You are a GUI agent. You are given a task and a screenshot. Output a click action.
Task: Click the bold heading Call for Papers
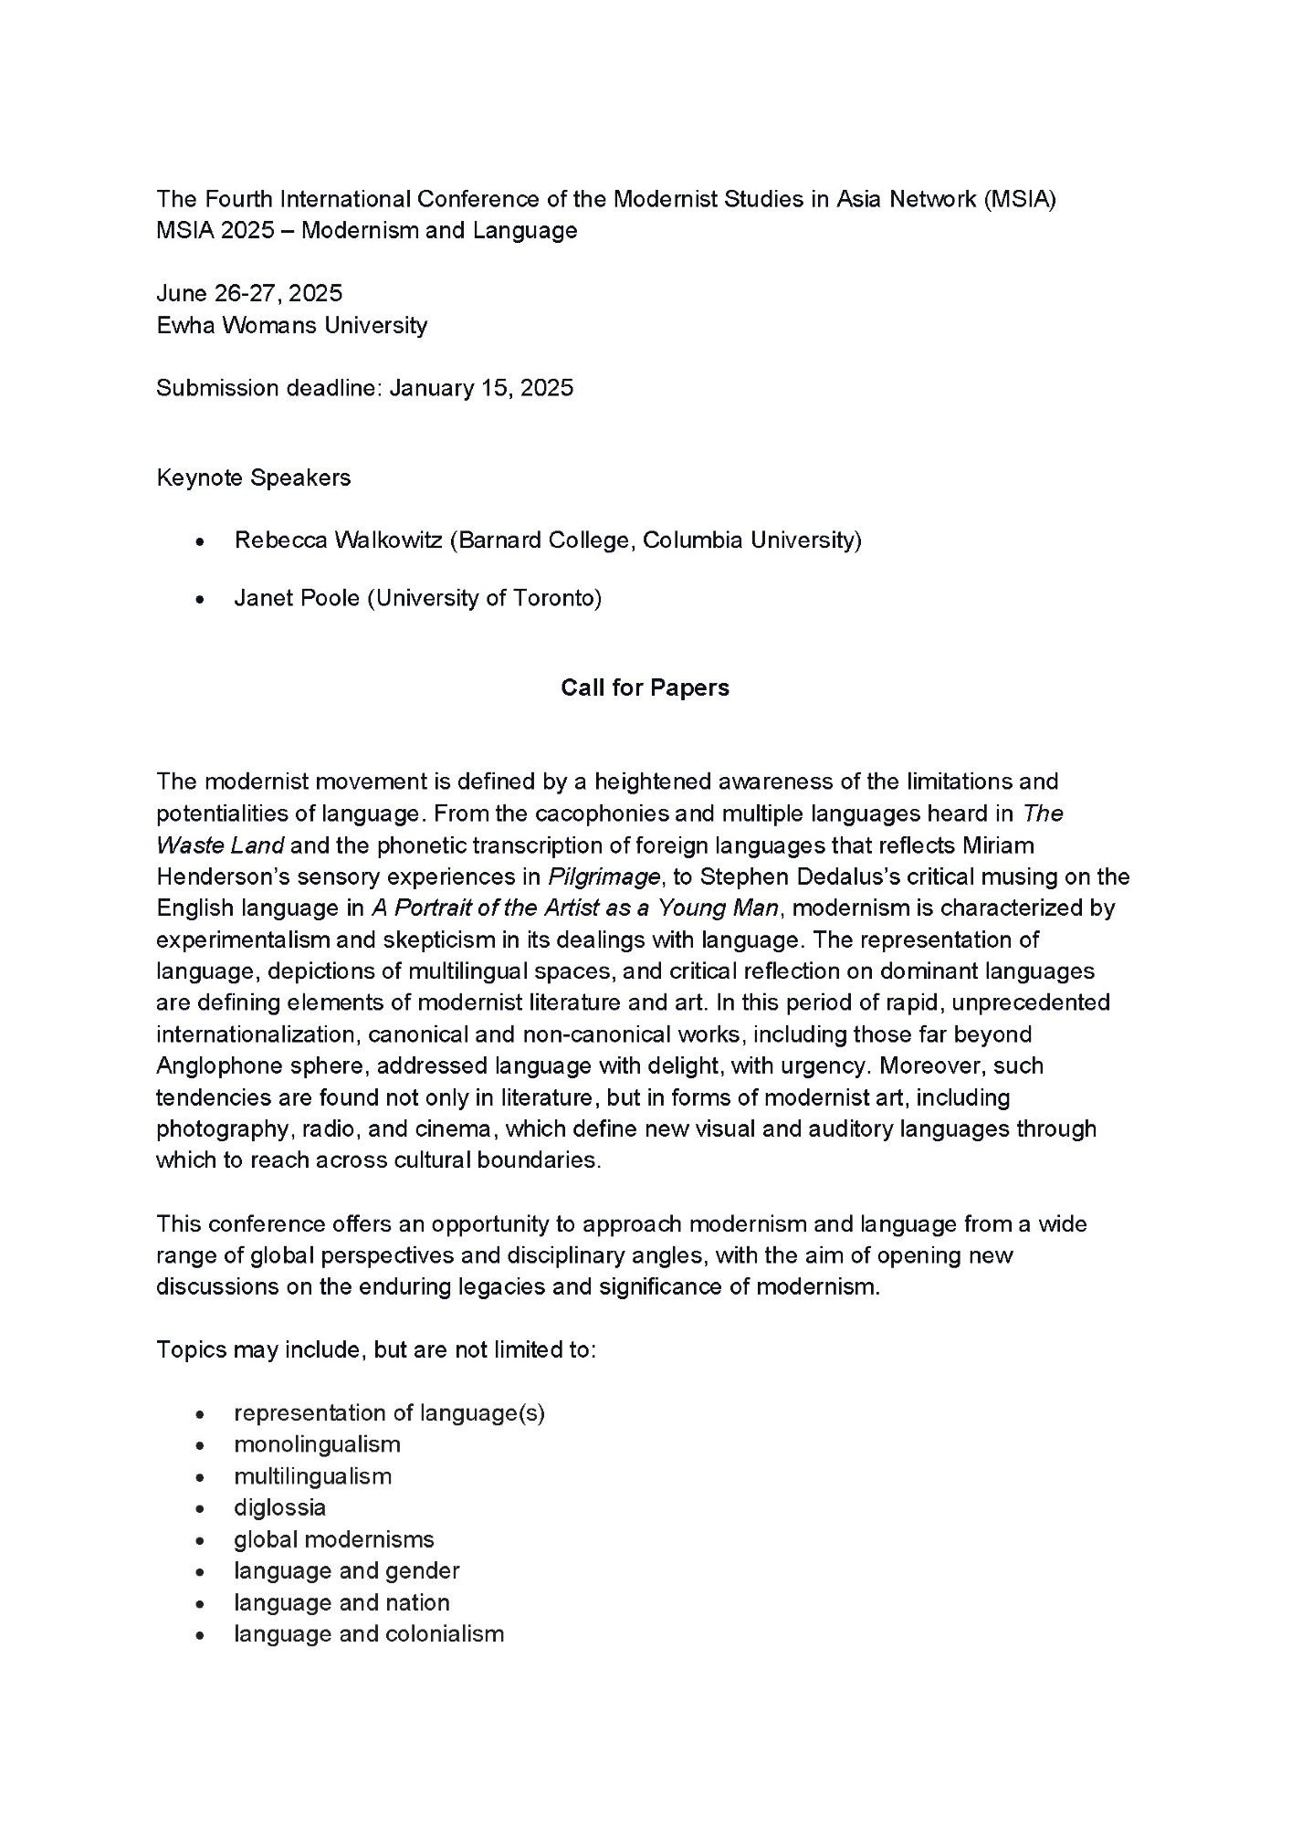(x=645, y=687)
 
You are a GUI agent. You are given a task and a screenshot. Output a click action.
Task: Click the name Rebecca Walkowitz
(x=338, y=540)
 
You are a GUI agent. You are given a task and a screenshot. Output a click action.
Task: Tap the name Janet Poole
(x=297, y=598)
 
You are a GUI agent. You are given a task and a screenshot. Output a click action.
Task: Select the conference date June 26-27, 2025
(x=249, y=293)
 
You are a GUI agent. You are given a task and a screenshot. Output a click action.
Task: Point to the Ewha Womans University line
(x=291, y=325)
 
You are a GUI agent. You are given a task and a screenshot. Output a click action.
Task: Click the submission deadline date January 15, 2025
(x=481, y=388)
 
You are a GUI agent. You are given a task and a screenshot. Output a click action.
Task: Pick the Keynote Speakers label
(x=253, y=477)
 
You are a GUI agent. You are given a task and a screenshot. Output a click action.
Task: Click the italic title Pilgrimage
(x=604, y=877)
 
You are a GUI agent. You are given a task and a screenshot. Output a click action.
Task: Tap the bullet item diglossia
(x=279, y=1507)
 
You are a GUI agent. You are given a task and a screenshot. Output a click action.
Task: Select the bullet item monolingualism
(x=317, y=1444)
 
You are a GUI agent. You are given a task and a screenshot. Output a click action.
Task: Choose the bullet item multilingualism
(x=312, y=1476)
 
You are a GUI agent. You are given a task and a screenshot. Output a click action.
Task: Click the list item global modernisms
(x=333, y=1539)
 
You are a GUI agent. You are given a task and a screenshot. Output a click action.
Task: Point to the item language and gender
(x=346, y=1570)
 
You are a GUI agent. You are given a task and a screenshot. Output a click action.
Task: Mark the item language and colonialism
(x=368, y=1633)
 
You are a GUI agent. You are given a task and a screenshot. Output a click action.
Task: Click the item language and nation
(x=341, y=1602)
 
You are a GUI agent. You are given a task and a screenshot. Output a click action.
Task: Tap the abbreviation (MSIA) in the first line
(x=1020, y=199)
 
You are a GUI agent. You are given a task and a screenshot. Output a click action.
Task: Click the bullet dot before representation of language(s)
(x=199, y=1414)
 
